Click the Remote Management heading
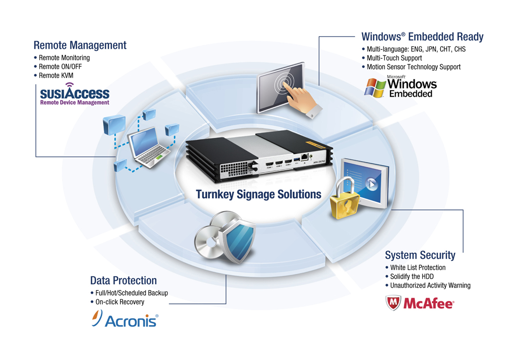(x=80, y=45)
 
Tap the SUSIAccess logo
(x=74, y=93)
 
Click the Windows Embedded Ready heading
(x=422, y=37)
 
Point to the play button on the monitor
(x=372, y=182)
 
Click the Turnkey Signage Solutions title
(x=258, y=194)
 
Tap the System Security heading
(x=420, y=255)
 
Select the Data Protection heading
(x=123, y=280)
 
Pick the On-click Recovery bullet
(x=120, y=302)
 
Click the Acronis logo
(x=126, y=319)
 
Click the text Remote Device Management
(x=75, y=103)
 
